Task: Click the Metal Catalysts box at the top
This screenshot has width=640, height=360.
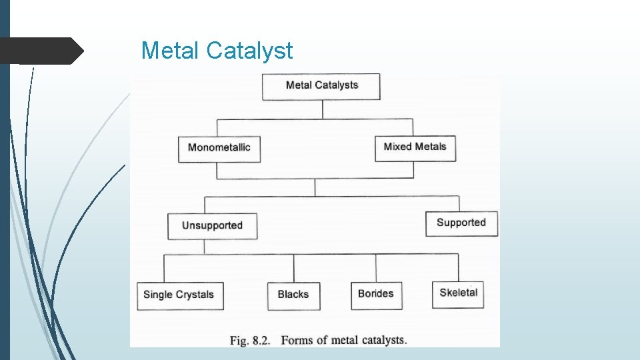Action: point(321,86)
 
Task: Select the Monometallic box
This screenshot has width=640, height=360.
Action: point(219,147)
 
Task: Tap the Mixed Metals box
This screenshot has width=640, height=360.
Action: point(415,147)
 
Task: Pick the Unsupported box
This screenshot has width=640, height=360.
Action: point(212,225)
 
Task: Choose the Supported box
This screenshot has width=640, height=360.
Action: point(461,223)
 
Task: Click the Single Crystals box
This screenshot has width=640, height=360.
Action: point(179,295)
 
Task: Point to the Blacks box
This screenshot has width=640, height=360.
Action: point(293,295)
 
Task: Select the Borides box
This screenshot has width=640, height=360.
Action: point(376,294)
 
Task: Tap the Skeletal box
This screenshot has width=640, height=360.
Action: point(458,293)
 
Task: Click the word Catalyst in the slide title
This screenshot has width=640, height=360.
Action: point(250,51)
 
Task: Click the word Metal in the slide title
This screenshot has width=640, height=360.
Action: point(171,51)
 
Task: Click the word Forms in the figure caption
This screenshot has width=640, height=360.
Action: point(297,341)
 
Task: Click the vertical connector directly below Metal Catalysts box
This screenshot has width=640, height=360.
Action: point(323,110)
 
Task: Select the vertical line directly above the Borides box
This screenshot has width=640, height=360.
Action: point(376,267)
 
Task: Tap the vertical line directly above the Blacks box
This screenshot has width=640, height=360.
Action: point(293,268)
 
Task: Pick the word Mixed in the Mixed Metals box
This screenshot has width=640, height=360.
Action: point(397,147)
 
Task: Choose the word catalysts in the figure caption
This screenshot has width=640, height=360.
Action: point(383,341)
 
